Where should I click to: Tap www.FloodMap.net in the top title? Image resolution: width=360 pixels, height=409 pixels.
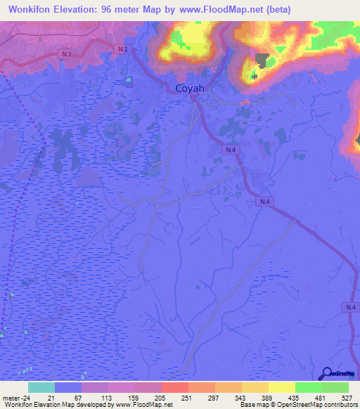(x=211, y=9)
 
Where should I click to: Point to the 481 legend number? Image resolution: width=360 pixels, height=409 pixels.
(x=321, y=398)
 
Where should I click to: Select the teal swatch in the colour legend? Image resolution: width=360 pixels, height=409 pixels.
(x=41, y=387)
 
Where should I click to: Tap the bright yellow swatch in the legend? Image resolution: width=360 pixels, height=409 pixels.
(x=281, y=387)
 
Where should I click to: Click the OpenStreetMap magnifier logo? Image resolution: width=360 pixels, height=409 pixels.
(x=326, y=373)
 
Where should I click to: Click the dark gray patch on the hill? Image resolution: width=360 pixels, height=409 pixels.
(x=262, y=60)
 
